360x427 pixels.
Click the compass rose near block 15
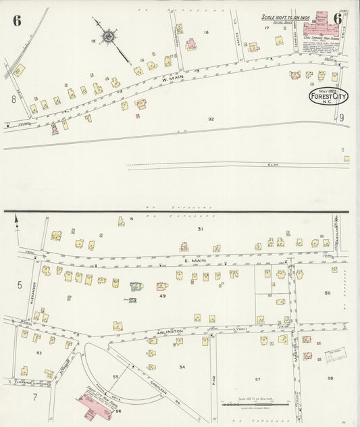[108, 35]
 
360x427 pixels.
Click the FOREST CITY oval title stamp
[330, 97]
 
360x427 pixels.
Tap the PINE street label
[212, 382]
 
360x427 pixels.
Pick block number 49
[162, 297]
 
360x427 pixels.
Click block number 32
[211, 120]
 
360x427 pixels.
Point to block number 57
[257, 380]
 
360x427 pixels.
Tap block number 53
[39, 353]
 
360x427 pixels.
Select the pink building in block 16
[191, 45]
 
